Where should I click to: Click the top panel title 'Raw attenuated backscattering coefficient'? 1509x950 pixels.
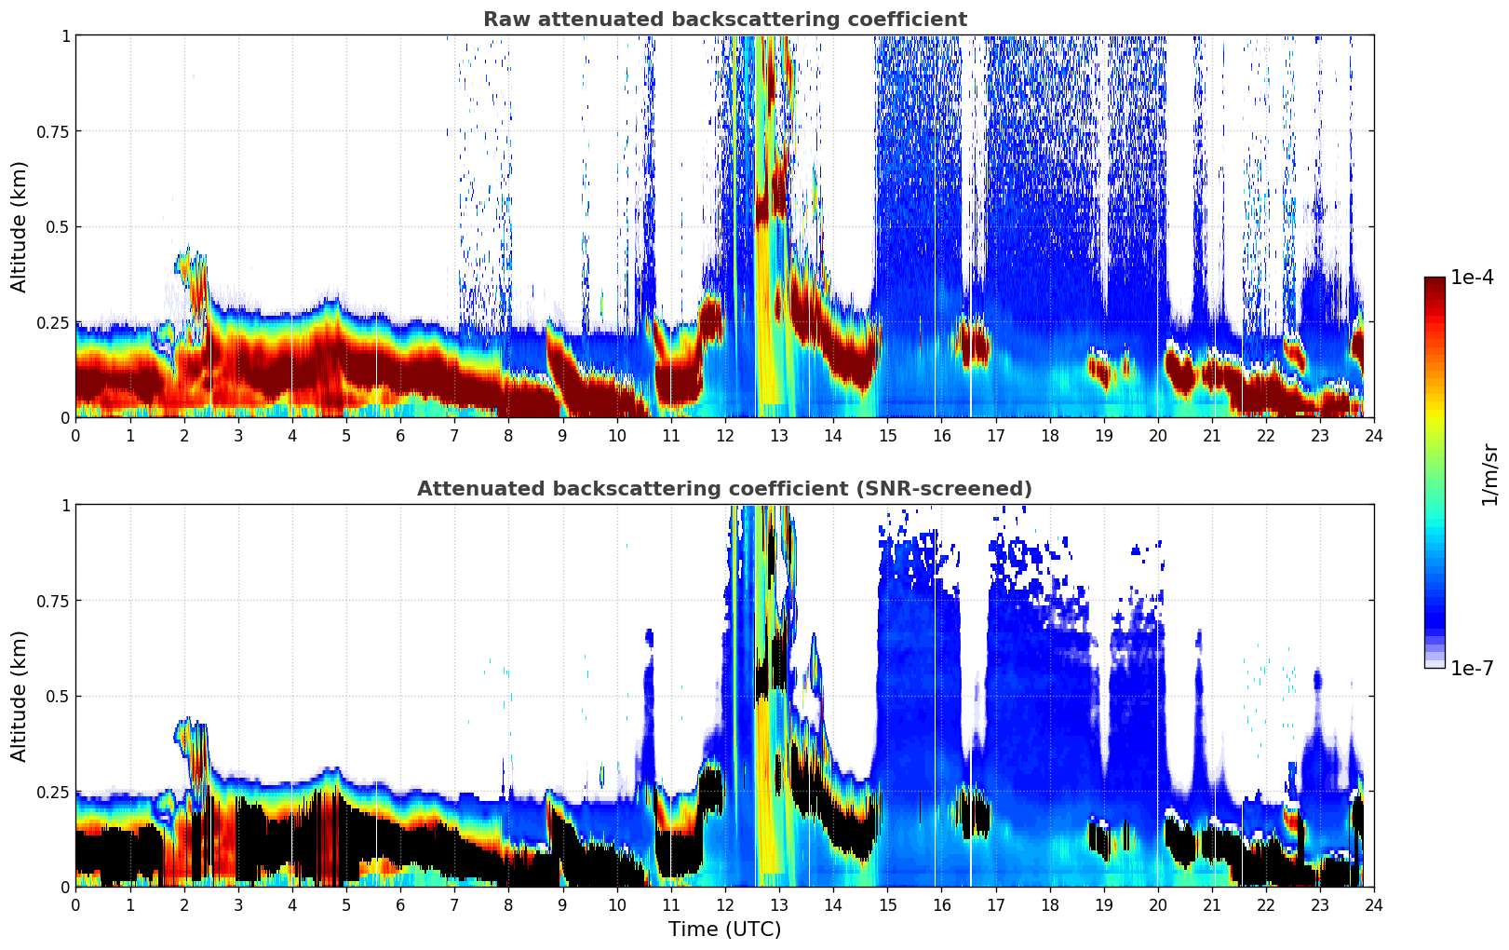(x=724, y=20)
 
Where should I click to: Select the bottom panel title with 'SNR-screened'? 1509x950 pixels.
(x=724, y=489)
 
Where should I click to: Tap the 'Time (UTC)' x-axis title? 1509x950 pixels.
(x=724, y=930)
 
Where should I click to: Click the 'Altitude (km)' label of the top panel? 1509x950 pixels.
(x=20, y=226)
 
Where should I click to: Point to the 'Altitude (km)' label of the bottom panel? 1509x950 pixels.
(x=20, y=696)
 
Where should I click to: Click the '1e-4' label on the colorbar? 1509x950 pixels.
(x=1472, y=278)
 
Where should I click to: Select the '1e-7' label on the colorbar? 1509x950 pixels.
(x=1472, y=668)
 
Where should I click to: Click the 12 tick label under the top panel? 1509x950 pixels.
(x=725, y=436)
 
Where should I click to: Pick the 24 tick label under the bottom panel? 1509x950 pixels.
(x=1374, y=905)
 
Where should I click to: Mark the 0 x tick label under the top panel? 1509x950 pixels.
(x=76, y=436)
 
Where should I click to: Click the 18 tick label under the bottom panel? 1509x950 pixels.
(x=1049, y=905)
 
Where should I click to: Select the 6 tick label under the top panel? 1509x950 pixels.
(x=400, y=436)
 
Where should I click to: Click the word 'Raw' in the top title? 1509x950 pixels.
(x=503, y=20)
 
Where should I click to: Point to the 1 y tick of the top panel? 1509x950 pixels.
(x=65, y=35)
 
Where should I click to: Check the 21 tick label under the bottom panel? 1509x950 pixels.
(x=1212, y=905)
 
